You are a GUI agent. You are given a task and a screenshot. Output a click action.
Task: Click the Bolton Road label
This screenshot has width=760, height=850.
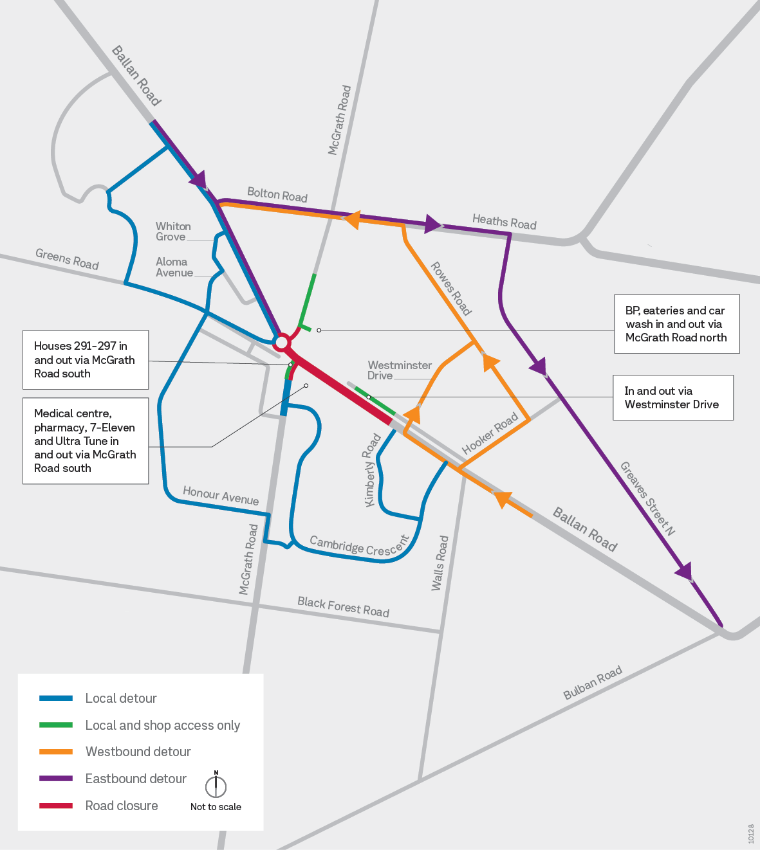(277, 195)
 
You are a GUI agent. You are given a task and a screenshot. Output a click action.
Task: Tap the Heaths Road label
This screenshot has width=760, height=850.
(504, 222)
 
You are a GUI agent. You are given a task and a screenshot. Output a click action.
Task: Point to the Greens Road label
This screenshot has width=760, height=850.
(67, 259)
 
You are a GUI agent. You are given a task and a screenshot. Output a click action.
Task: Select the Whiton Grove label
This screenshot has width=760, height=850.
(173, 231)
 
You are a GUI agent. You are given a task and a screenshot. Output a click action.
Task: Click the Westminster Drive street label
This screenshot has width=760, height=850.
(399, 370)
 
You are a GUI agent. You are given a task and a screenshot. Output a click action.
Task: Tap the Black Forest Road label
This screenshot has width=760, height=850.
(343, 607)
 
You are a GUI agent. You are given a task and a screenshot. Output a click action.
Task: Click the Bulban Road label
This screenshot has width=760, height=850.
(593, 683)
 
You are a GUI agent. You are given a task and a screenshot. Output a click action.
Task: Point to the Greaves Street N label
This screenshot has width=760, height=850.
(647, 499)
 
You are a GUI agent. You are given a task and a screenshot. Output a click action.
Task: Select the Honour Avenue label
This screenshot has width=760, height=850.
(221, 496)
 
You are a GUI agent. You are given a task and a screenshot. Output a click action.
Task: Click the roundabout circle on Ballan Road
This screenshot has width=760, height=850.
(281, 341)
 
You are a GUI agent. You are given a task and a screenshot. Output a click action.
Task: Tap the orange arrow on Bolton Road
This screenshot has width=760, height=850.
(351, 219)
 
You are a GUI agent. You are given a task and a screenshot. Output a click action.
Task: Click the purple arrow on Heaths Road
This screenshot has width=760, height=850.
(433, 224)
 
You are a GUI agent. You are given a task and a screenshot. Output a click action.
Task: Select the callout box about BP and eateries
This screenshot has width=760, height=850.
(676, 324)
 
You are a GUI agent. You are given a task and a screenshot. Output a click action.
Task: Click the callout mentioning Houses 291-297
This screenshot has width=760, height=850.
(85, 360)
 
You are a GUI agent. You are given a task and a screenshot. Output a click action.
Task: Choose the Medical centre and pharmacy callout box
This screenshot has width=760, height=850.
(85, 441)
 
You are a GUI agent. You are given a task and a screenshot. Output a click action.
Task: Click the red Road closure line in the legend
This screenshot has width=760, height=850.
(56, 806)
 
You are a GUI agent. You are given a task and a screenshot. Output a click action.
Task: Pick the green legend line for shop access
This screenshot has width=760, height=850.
(56, 725)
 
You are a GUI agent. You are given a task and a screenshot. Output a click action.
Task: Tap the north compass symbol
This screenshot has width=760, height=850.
(216, 785)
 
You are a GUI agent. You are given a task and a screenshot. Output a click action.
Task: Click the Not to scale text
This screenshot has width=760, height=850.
(216, 807)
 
